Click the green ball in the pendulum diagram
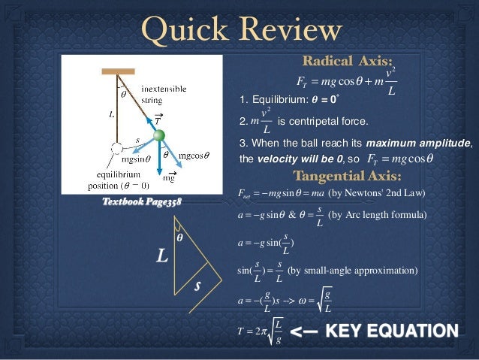click(159, 135)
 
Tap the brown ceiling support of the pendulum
click(118, 71)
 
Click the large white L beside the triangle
click(161, 257)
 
